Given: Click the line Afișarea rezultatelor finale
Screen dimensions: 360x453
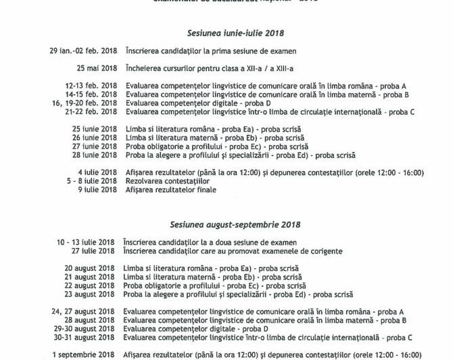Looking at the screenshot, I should click(x=170, y=190).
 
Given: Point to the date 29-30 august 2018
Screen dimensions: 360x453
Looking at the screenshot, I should click(x=85, y=328).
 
